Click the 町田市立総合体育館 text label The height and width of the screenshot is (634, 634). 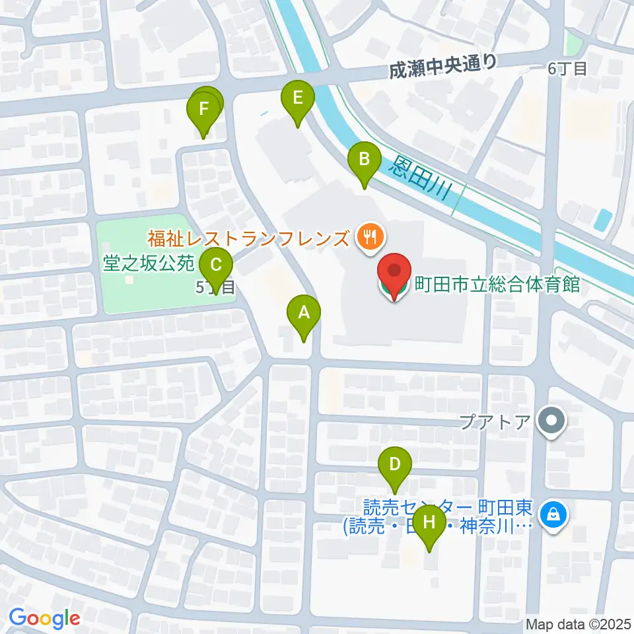[x=497, y=285]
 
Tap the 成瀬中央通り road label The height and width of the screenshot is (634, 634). [x=442, y=65]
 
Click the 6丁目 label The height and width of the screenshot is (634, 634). [x=567, y=69]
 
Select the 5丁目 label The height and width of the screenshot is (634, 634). [x=215, y=287]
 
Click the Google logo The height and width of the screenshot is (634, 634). [x=45, y=618]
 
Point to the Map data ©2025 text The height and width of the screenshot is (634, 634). [x=577, y=623]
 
